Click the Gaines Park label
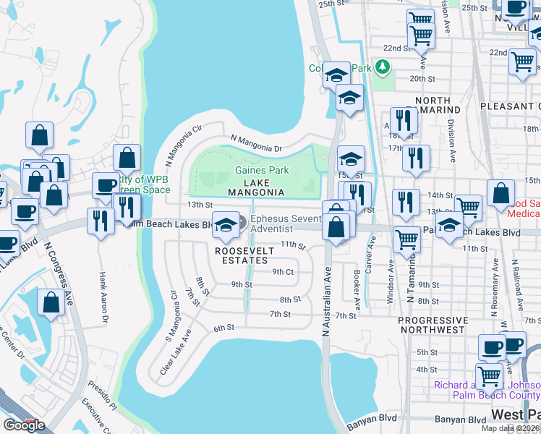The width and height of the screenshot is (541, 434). pos(261,171)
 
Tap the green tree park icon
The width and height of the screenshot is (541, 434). pos(381,68)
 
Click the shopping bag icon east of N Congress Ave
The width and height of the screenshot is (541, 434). pos(51,303)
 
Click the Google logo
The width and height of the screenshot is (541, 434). pos(24,425)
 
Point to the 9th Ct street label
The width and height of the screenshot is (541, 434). pos(283,272)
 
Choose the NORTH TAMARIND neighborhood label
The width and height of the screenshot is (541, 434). pos(433,106)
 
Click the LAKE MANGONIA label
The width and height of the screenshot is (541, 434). pos(256,187)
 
